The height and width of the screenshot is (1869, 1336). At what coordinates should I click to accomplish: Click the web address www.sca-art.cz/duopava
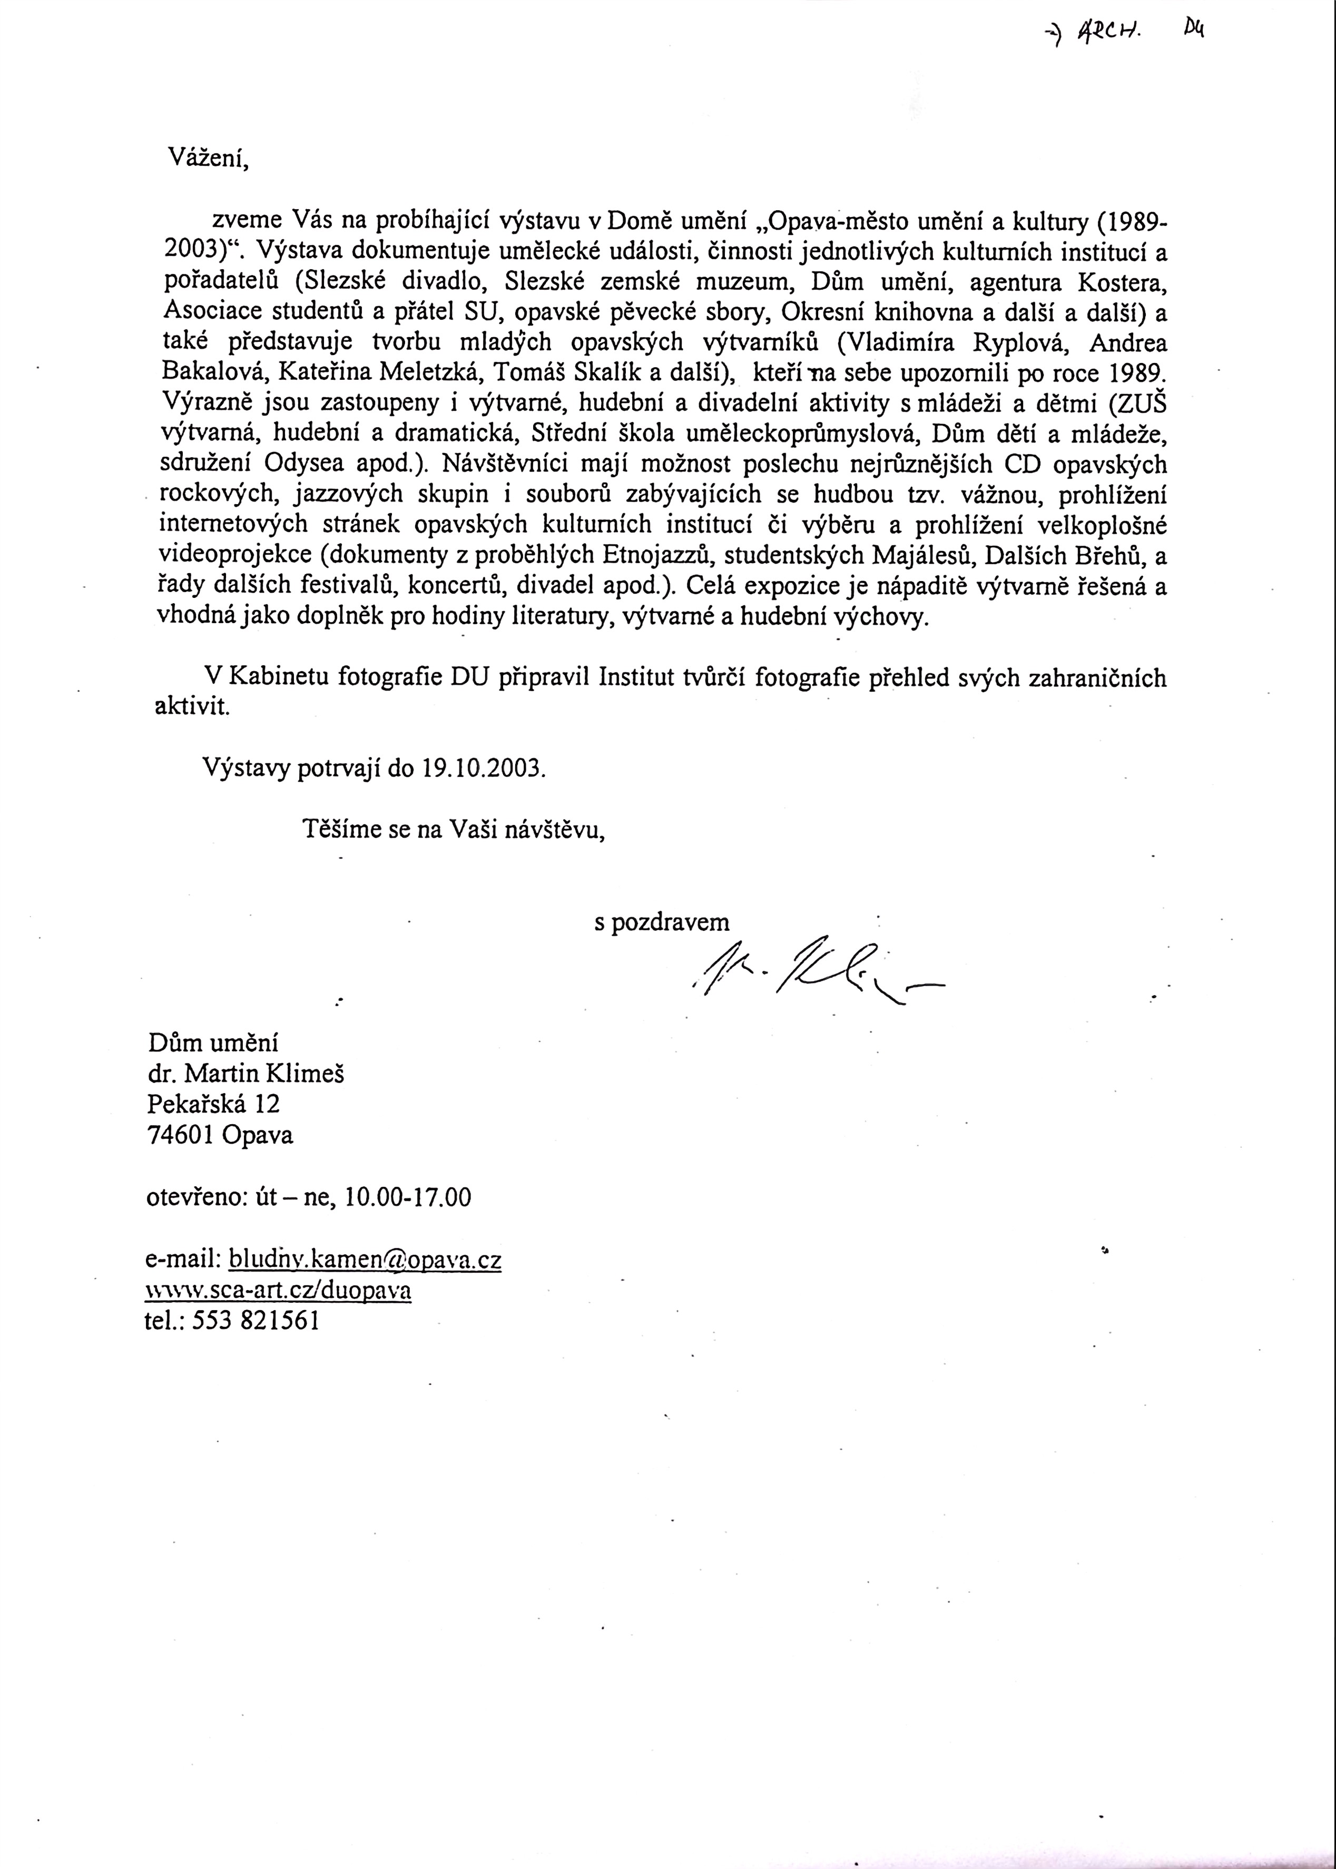click(278, 1290)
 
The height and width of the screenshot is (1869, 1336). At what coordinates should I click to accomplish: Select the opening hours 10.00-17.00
click(409, 1197)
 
